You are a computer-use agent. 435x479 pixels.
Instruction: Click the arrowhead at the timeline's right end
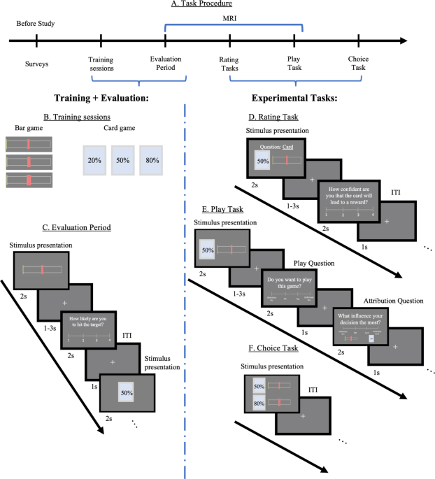pos(404,41)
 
